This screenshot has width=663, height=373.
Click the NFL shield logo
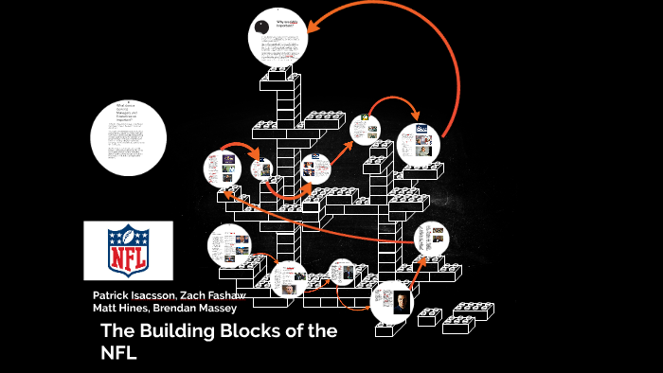point(128,251)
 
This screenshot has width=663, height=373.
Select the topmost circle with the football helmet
point(279,34)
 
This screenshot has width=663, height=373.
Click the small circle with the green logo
point(365,129)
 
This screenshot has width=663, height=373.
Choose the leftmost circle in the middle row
point(222,168)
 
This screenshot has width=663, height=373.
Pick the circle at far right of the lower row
point(431,240)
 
